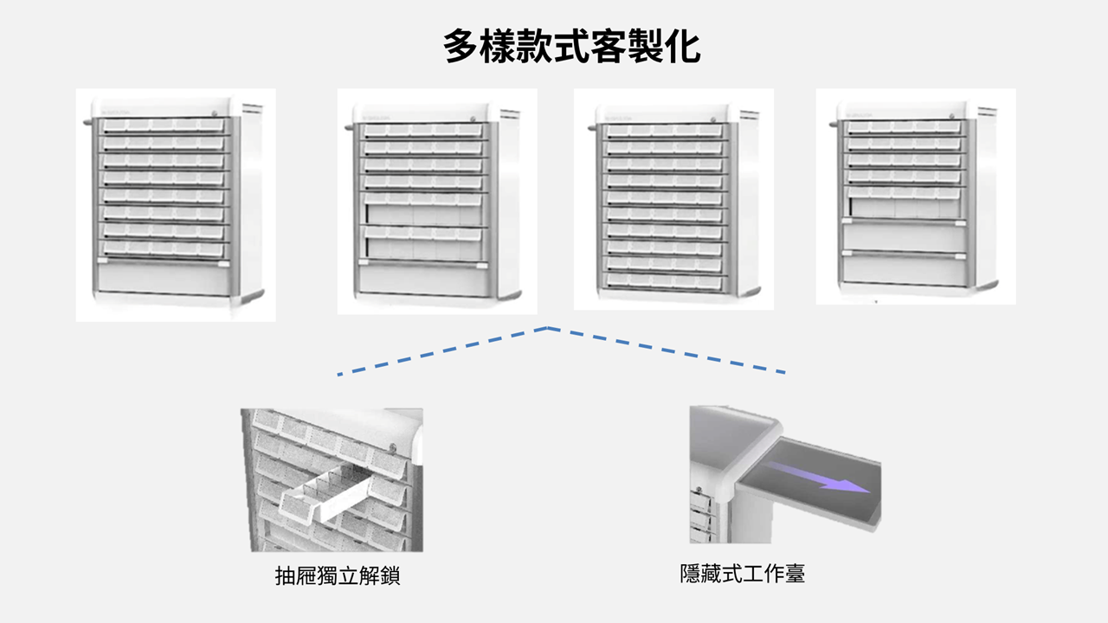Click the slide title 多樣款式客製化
tap(571, 47)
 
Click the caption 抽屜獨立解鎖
tap(338, 576)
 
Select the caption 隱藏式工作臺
tap(743, 574)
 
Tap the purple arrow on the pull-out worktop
tap(816, 478)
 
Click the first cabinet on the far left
tap(176, 205)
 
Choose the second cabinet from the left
tap(437, 202)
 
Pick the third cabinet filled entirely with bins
tap(673, 199)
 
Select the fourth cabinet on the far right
tap(916, 196)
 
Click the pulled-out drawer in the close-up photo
tap(326, 494)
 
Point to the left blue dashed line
tap(442, 351)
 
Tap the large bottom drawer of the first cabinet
tap(164, 279)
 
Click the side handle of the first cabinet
tap(87, 122)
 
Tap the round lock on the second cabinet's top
tap(473, 119)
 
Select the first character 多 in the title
tap(461, 47)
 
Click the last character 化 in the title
tap(683, 47)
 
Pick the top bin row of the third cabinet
tap(664, 131)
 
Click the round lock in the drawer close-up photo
tap(393, 449)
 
